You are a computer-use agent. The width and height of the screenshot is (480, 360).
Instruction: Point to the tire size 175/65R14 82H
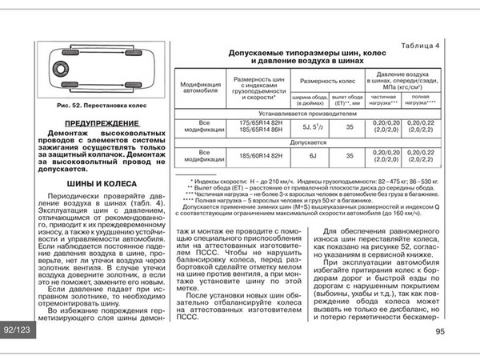click(x=254, y=123)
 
